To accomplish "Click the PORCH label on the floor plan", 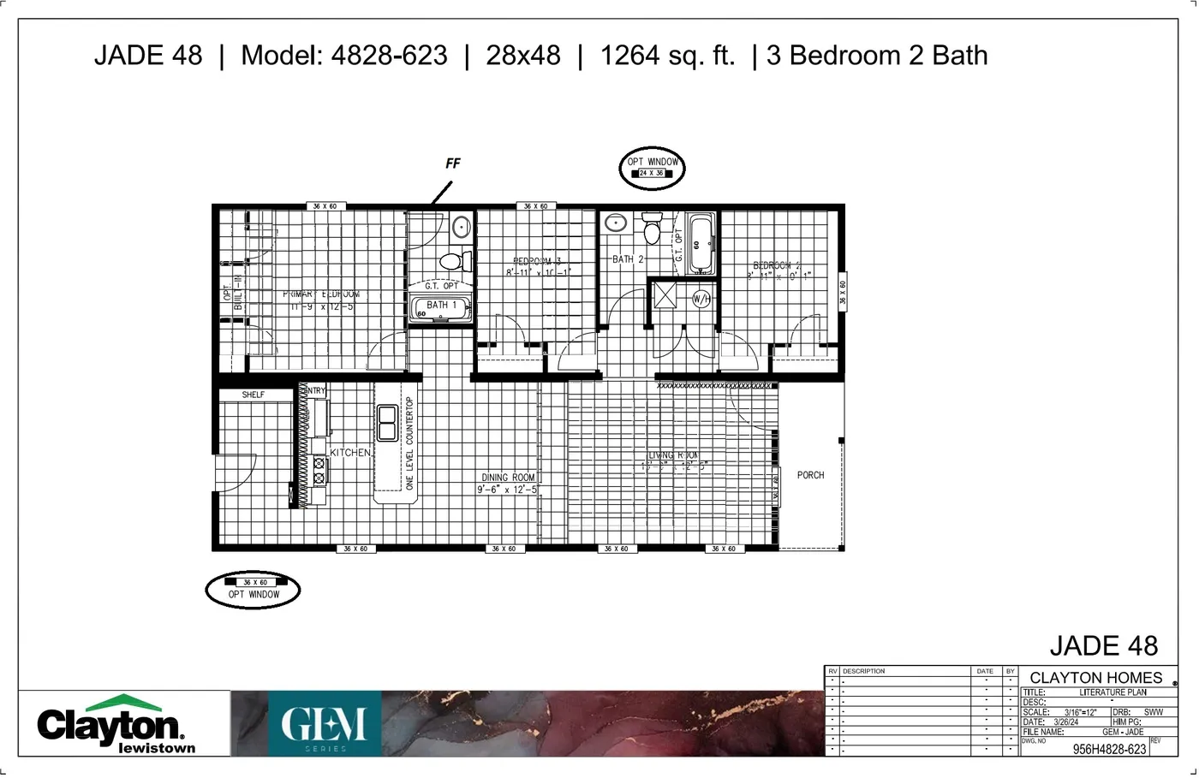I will click(810, 475).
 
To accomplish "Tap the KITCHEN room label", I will click(350, 453).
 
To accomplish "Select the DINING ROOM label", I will click(508, 478).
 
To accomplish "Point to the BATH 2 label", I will click(628, 259).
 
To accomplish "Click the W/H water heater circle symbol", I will click(701, 299).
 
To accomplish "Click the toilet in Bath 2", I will click(653, 231).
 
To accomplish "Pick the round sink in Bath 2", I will click(616, 223).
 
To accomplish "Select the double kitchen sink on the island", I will click(387, 422).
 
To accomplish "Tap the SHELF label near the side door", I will click(254, 395).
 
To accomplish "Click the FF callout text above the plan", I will click(453, 163).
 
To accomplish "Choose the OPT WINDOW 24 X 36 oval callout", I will click(653, 168).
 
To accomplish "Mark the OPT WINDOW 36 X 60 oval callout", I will click(254, 590).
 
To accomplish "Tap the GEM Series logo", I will click(325, 726).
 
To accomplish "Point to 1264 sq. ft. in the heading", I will click(667, 56).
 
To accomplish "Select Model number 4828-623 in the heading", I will click(389, 56).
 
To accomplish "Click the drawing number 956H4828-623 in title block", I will click(1109, 749).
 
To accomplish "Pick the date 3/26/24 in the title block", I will click(1066, 722).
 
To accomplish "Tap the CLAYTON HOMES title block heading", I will click(1095, 678).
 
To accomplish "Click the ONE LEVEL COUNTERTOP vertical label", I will click(409, 443).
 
